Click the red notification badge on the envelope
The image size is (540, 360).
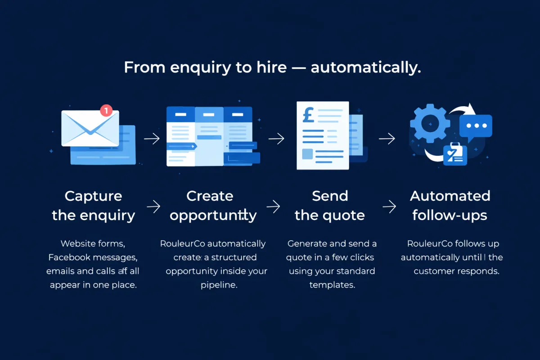tap(106, 110)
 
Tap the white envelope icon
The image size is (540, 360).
tap(90, 129)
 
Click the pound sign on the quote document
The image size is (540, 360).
tap(308, 114)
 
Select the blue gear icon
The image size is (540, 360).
tap(430, 122)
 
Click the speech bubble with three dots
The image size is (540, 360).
tap(476, 126)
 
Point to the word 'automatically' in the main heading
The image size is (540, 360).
tap(366, 68)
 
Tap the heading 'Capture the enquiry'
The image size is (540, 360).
tap(93, 206)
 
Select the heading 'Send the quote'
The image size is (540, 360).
tap(330, 206)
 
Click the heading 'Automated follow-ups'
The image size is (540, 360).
tap(450, 206)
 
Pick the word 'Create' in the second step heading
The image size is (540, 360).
tap(210, 196)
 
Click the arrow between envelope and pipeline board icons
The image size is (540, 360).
tap(152, 139)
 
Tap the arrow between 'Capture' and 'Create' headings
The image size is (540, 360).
tap(154, 207)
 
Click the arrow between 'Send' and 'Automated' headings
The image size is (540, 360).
tap(389, 207)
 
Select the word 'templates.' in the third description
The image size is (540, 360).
tap(332, 285)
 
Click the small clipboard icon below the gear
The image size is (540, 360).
tap(454, 154)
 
